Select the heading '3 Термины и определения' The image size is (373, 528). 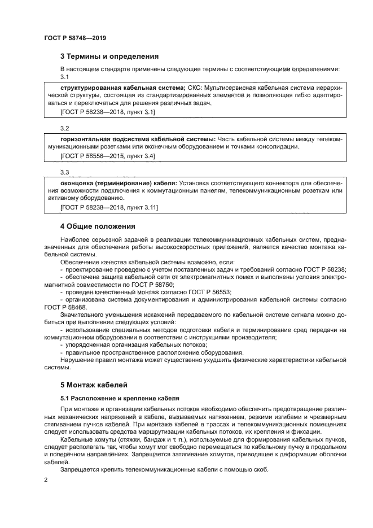(109, 56)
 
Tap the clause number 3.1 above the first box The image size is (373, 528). (64, 77)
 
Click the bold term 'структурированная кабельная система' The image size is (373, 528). (122, 88)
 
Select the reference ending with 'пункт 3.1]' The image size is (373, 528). (107, 112)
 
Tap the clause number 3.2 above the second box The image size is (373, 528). (64, 128)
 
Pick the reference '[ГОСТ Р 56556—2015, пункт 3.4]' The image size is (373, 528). (107, 155)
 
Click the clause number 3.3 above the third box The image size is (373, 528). (64, 172)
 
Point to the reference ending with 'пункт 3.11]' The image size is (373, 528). (109, 207)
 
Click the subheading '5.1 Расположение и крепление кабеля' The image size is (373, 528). (116, 398)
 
